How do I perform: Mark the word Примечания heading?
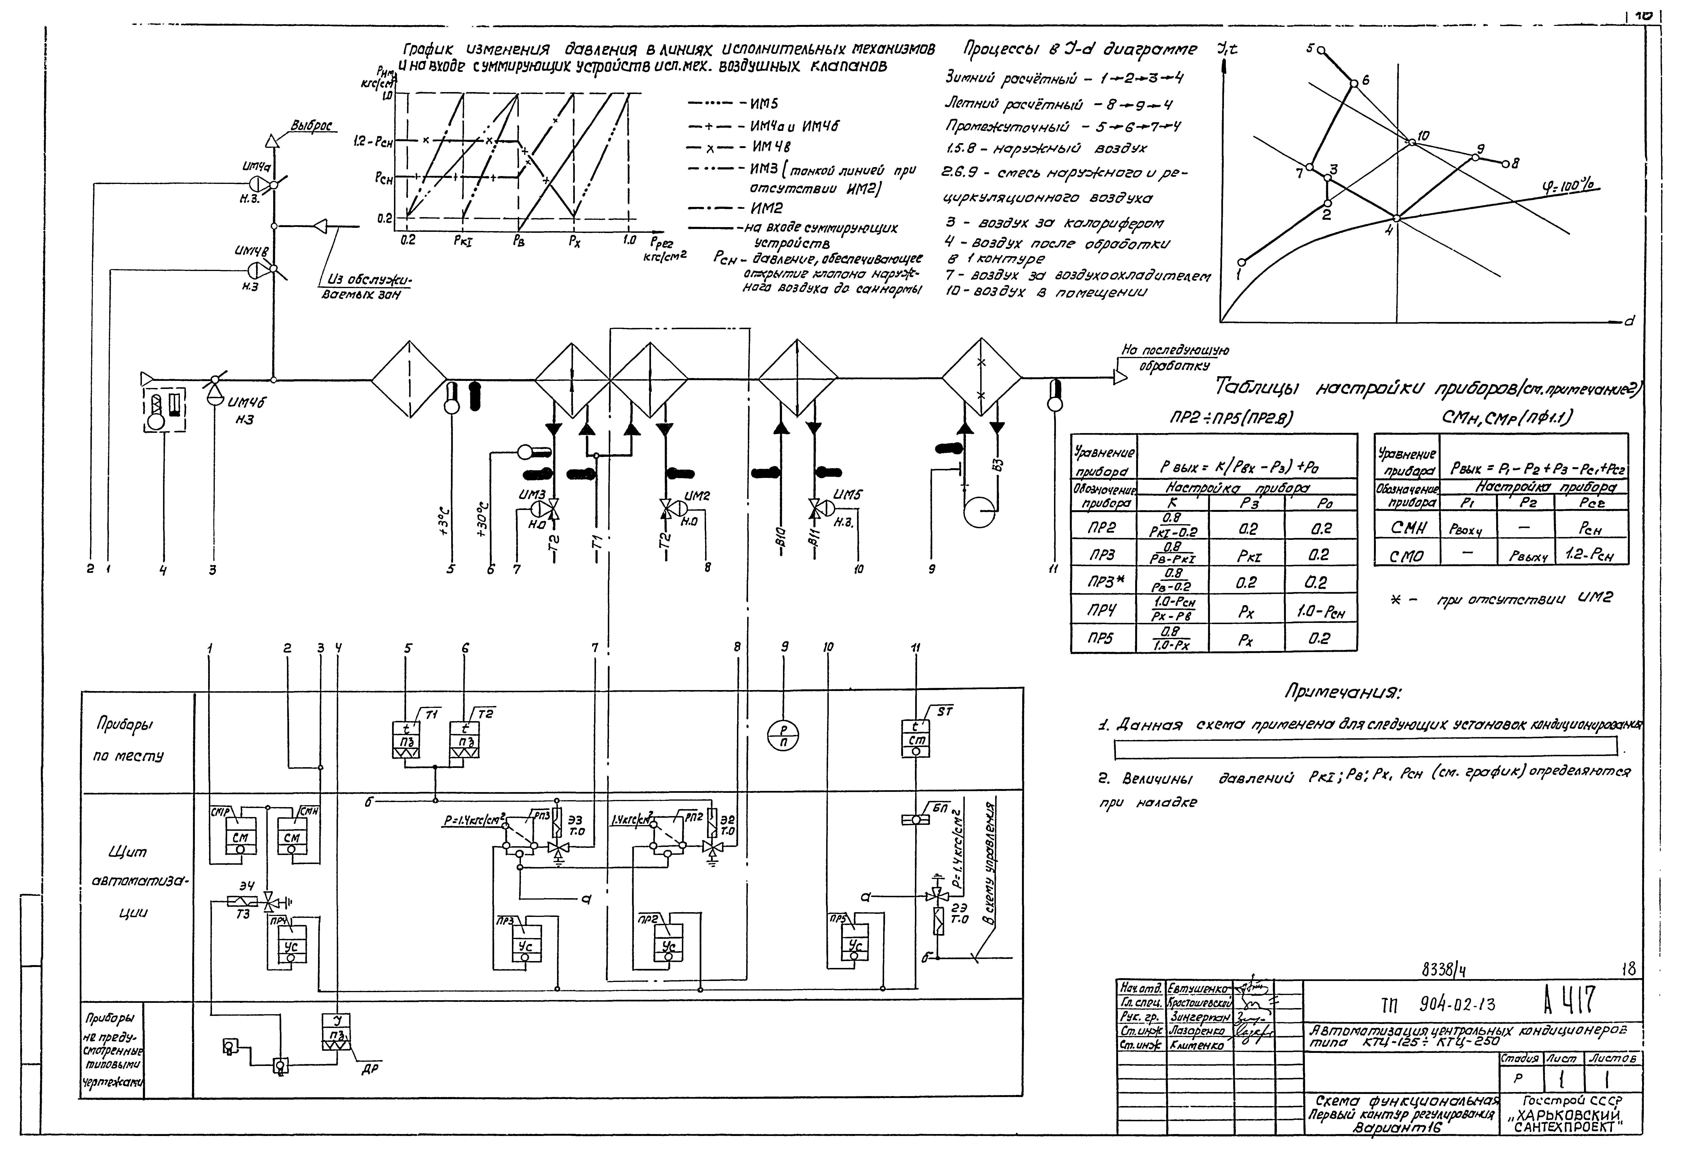coord(1343,692)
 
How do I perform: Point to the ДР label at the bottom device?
coord(370,1069)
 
